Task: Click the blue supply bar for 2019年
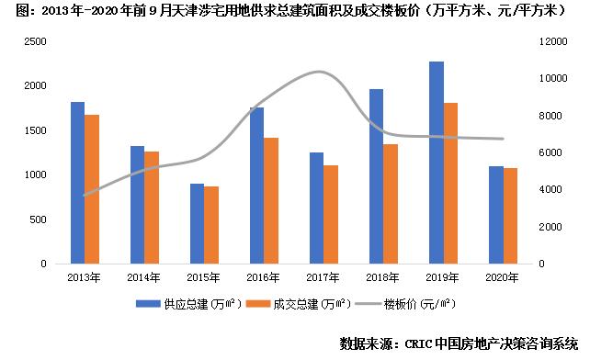pos(436,163)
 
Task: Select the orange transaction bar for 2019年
pos(451,183)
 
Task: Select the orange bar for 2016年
pos(271,200)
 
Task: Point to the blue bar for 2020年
pos(495,215)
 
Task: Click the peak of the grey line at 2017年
pos(317,72)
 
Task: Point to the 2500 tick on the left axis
pos(35,41)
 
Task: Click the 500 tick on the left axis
pos(39,219)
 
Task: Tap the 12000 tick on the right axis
pos(549,41)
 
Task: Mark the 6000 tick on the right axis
pos(546,152)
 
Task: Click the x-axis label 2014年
pos(144,276)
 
